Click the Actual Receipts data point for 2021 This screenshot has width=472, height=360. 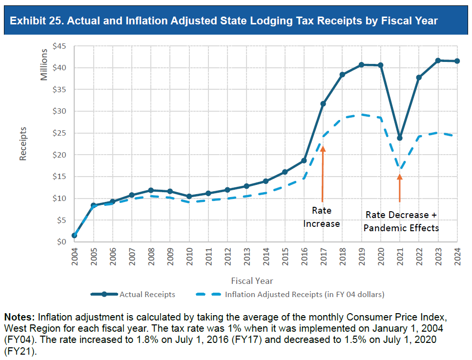click(x=400, y=138)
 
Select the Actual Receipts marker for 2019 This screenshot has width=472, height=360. click(x=362, y=65)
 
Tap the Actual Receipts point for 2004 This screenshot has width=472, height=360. click(x=75, y=235)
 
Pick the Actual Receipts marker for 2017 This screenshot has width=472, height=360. click(x=323, y=103)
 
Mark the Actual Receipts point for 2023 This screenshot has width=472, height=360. click(x=438, y=60)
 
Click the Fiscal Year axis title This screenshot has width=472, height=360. click(x=252, y=280)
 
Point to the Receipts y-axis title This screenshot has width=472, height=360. click(x=23, y=143)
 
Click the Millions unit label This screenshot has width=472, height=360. click(x=44, y=64)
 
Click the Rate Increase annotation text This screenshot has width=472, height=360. click(x=321, y=217)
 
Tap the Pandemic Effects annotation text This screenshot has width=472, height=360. click(x=401, y=228)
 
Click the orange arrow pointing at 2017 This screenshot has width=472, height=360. click(x=323, y=173)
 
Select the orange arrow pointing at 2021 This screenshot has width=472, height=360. click(x=400, y=188)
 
